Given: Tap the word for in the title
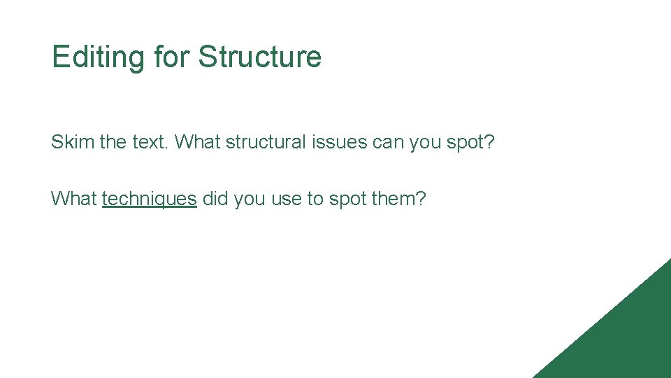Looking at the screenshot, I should click(171, 57).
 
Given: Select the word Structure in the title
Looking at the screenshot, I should click(259, 57).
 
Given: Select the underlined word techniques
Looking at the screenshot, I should click(150, 199).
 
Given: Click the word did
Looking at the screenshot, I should click(215, 199).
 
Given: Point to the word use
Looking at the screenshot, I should click(284, 199).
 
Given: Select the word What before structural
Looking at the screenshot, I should click(197, 142).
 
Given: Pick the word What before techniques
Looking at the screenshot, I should click(73, 199).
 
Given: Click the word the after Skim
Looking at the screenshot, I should click(113, 142).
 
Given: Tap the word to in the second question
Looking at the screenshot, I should click(316, 199).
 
